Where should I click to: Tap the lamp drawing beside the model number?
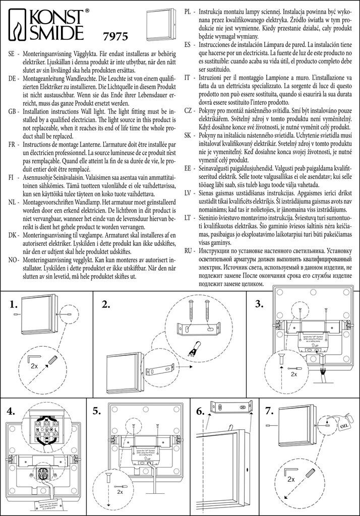coord(160,23)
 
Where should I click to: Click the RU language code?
coord(188,250)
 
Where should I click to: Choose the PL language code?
coord(188,11)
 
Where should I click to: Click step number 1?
coord(14,304)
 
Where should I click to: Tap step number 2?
coord(106,304)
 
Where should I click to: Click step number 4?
coord(12,411)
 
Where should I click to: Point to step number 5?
coord(97,411)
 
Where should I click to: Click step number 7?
coord(269,411)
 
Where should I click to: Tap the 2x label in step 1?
coord(34,365)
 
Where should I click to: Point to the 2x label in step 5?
coord(119,492)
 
